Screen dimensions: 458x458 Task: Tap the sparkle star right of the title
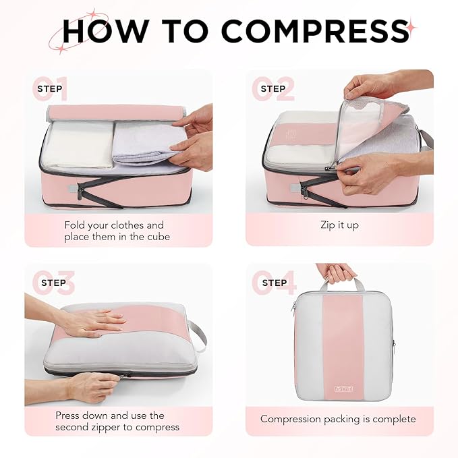(411, 27)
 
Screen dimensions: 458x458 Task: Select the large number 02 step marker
(273, 89)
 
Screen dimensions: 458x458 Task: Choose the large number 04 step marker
(274, 283)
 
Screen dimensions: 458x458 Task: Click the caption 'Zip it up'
(339, 225)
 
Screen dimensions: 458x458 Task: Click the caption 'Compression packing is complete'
(338, 419)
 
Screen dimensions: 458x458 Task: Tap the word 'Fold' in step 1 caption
(76, 225)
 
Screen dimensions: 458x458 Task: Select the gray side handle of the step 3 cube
(198, 335)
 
